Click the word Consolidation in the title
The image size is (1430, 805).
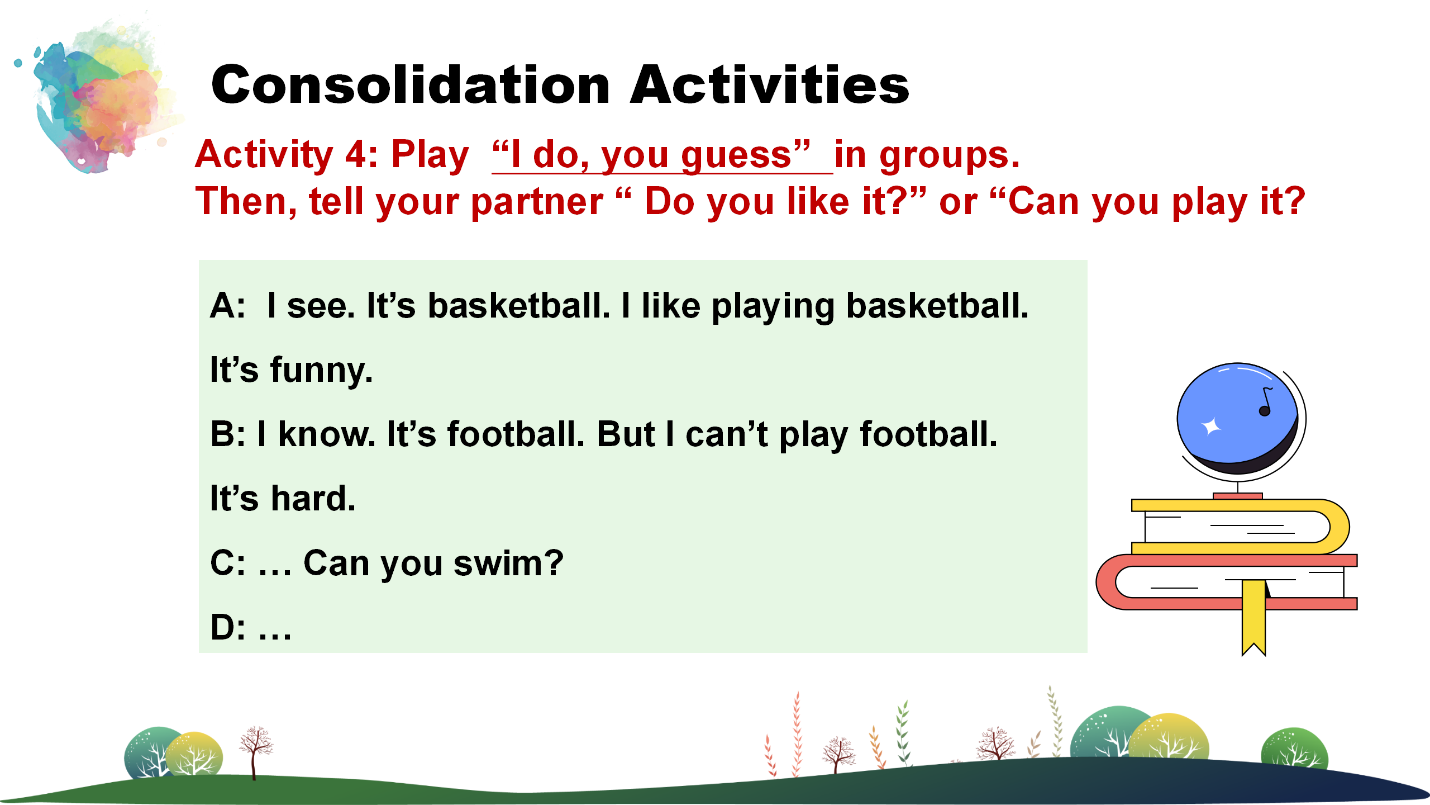[x=411, y=85]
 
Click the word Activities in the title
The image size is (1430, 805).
[x=770, y=85]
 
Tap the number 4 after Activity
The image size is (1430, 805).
[x=356, y=155]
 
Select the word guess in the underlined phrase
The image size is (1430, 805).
[x=736, y=157]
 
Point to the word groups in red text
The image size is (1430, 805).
[x=950, y=157]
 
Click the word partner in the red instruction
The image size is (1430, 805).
[x=537, y=203]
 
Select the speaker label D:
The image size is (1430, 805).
[x=227, y=627]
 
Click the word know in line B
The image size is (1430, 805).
[x=327, y=434]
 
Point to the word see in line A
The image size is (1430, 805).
[x=321, y=307]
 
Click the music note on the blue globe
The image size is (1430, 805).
[x=1266, y=401]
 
